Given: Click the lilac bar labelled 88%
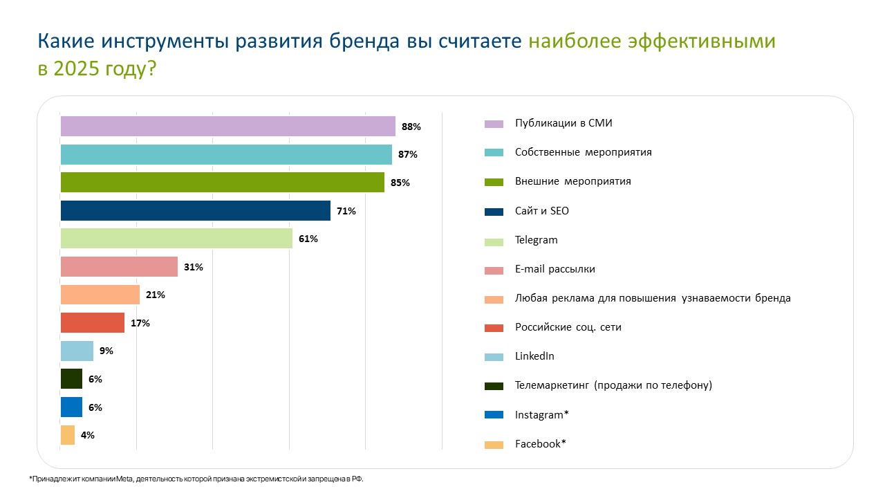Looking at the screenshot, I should (x=227, y=126).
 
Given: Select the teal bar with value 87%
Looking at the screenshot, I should (x=226, y=154).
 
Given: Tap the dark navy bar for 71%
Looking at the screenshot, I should (x=196, y=210).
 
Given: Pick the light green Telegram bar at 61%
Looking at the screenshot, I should (x=176, y=239).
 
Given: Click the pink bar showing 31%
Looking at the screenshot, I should (x=119, y=266).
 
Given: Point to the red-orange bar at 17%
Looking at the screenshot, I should (x=93, y=323).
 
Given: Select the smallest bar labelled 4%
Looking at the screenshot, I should (x=68, y=435).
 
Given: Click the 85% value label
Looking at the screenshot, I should (x=400, y=183).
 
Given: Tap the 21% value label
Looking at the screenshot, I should (x=156, y=295).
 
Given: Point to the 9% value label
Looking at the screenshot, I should (x=106, y=351).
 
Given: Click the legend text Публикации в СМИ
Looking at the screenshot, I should (x=563, y=123).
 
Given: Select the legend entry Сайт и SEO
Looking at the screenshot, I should (x=541, y=210).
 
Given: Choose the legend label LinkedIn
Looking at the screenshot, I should (x=534, y=356).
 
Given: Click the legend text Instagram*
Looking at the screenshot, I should (x=541, y=415).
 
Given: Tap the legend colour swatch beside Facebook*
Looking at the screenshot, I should (x=494, y=445).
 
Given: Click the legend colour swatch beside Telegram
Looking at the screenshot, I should (x=494, y=241).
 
